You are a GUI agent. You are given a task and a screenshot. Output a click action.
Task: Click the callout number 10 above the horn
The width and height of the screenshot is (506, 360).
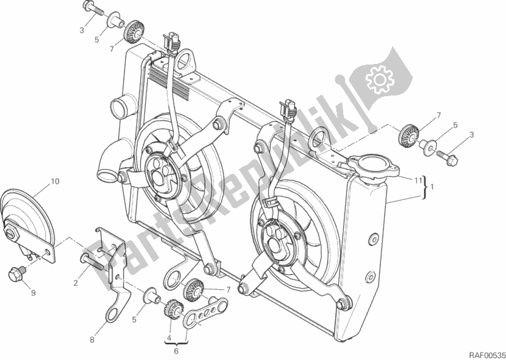(x=55, y=182)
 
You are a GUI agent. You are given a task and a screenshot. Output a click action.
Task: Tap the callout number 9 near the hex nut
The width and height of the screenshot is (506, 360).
(x=33, y=293)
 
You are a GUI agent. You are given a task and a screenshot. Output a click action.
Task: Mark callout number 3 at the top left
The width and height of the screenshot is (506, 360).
(x=82, y=30)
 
